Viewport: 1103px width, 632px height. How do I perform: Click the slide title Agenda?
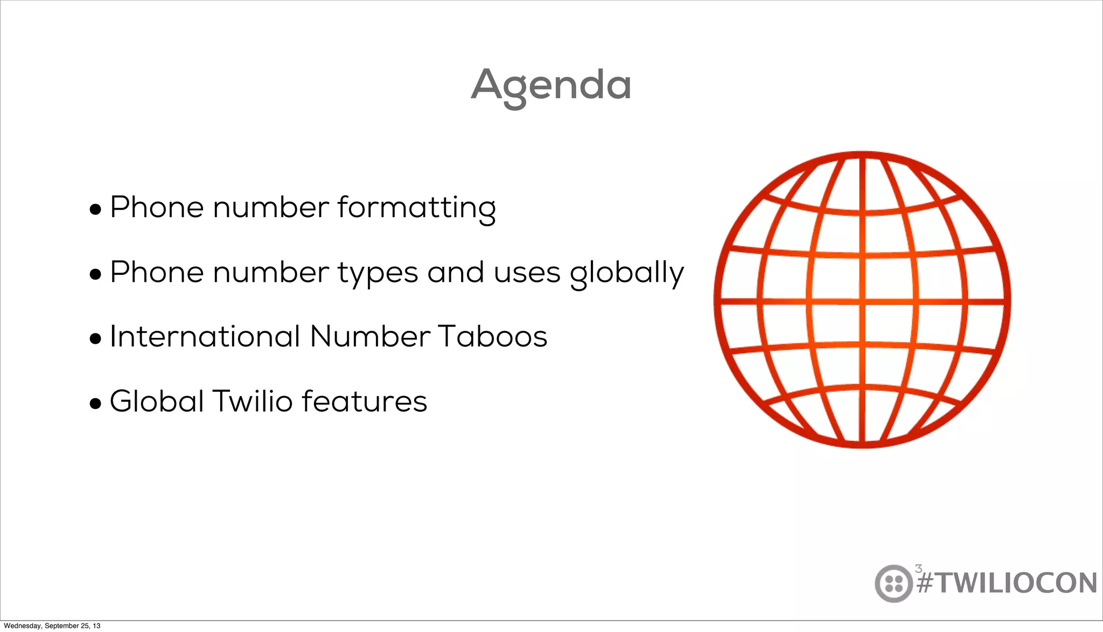[x=551, y=85]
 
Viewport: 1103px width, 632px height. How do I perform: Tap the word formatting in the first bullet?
[x=416, y=207]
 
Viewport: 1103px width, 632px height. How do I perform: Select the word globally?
[x=627, y=273]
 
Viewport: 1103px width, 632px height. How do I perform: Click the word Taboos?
[x=492, y=337]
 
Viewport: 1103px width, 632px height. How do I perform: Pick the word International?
[x=205, y=337]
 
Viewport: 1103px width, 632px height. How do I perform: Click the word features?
[x=364, y=401]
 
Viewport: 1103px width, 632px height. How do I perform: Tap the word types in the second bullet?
[x=378, y=273]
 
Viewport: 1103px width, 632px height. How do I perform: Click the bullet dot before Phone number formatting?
[x=95, y=210]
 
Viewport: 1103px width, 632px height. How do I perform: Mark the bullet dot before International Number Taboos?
[x=95, y=339]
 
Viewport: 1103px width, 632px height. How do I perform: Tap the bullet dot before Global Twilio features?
[x=95, y=404]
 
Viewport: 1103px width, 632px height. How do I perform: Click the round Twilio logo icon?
[x=893, y=583]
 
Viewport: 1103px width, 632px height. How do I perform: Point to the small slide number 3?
[x=918, y=568]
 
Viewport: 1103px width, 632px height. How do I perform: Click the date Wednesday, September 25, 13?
[x=52, y=626]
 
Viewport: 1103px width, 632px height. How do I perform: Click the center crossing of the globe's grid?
[x=862, y=301]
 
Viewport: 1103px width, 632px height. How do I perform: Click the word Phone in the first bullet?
[x=157, y=207]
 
